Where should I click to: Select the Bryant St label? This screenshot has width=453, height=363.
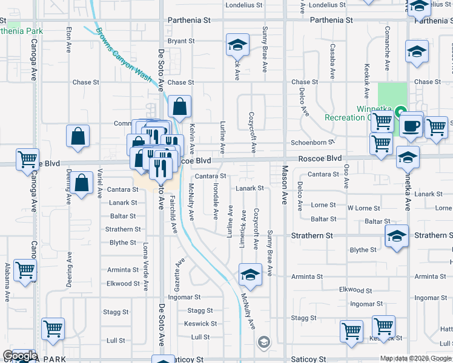(181, 41)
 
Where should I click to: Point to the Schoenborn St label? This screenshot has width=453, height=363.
(312, 142)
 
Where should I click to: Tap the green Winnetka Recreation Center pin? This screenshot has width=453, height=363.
(400, 112)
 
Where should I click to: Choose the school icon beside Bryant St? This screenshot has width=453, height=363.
(238, 45)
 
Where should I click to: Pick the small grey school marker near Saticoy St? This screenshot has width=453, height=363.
(263, 342)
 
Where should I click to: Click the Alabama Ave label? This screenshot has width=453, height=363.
(7, 283)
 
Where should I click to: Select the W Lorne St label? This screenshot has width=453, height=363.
(363, 208)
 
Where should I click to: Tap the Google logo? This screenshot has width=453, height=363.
(20, 356)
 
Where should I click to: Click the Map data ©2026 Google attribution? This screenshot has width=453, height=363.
(415, 358)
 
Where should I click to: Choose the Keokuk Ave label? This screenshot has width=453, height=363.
(367, 81)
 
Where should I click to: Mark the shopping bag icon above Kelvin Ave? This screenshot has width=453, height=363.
(180, 108)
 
